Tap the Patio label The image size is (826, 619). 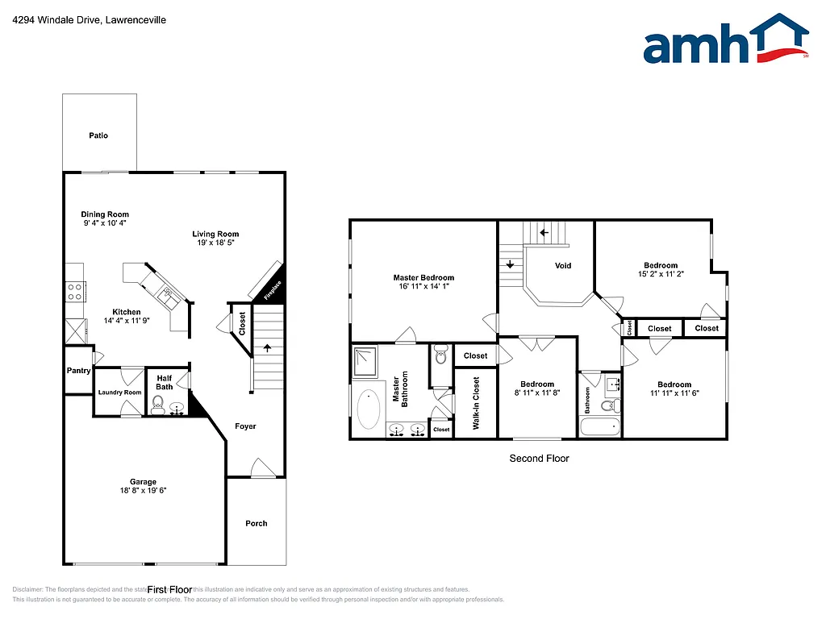tap(98, 135)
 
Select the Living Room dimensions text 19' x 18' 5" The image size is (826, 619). tap(215, 243)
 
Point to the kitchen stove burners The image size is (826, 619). tap(75, 291)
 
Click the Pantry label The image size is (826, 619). tap(78, 371)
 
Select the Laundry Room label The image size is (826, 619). tap(119, 393)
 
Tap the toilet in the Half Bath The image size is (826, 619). tap(158, 410)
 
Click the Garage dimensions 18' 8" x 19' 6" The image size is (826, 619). tap(143, 490)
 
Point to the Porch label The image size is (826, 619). tap(256, 523)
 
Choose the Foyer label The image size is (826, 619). tap(245, 426)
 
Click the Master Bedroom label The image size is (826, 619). tap(423, 277)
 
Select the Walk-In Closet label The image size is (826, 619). tap(476, 403)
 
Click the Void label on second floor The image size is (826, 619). tap(563, 265)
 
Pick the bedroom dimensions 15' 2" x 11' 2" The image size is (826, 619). tap(660, 274)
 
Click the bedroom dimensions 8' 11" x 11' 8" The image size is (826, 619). tap(536, 393)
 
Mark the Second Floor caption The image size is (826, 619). tap(539, 458)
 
